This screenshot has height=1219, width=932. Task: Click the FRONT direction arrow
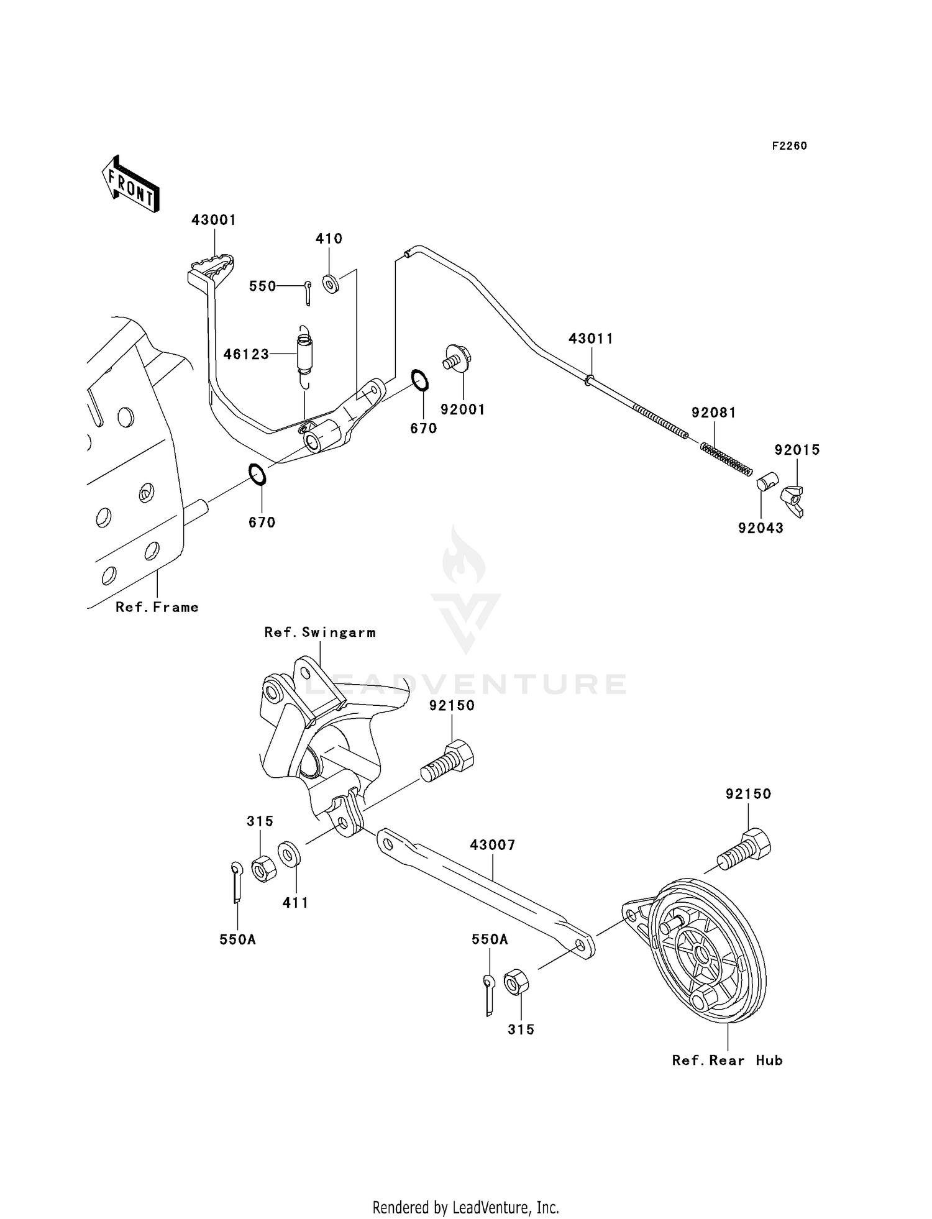tap(130, 185)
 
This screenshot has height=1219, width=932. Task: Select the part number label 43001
tap(214, 220)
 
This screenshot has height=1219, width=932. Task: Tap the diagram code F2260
tap(789, 146)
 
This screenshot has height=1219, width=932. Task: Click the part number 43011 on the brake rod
tap(591, 339)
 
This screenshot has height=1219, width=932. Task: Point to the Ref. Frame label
tap(157, 607)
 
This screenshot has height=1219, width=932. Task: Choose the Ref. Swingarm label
tap(320, 632)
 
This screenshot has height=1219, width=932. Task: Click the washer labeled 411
tap(289, 854)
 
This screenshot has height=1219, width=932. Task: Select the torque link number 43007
tap(493, 845)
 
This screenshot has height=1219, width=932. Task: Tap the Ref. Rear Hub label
tap(727, 1061)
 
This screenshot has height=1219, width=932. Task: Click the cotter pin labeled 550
tap(308, 293)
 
